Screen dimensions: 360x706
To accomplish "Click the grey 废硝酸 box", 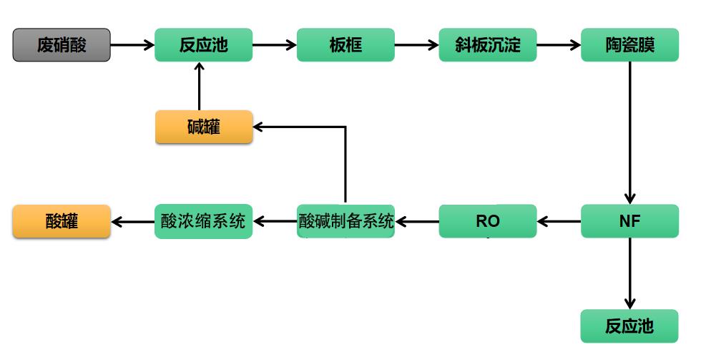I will [x=62, y=45].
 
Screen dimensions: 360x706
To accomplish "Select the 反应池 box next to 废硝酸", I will [x=203, y=45].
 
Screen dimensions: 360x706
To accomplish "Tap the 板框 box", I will [x=345, y=45].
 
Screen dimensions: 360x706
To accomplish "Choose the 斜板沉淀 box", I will [x=487, y=45].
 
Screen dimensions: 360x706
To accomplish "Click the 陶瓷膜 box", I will [x=629, y=45].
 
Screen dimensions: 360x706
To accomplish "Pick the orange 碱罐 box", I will [x=203, y=127].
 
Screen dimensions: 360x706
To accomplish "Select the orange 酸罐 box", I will [x=62, y=222].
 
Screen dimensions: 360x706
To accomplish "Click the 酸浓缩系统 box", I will [x=203, y=222].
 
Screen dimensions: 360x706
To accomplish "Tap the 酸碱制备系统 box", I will [x=345, y=222].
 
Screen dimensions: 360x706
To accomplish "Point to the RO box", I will [x=487, y=222].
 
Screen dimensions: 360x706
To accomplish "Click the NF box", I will [x=629, y=222].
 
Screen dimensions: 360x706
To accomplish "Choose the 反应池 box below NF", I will [x=629, y=326].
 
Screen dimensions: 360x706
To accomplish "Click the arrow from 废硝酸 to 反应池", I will [x=132, y=45].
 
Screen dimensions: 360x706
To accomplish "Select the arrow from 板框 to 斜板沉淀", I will [x=416, y=45].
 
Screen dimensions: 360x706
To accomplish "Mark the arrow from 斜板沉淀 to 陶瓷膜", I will [x=558, y=45].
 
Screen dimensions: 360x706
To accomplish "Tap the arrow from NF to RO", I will [x=559, y=222].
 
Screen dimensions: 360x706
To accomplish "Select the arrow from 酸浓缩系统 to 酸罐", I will [x=132, y=222].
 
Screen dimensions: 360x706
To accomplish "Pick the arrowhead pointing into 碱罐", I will [x=259, y=127].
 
